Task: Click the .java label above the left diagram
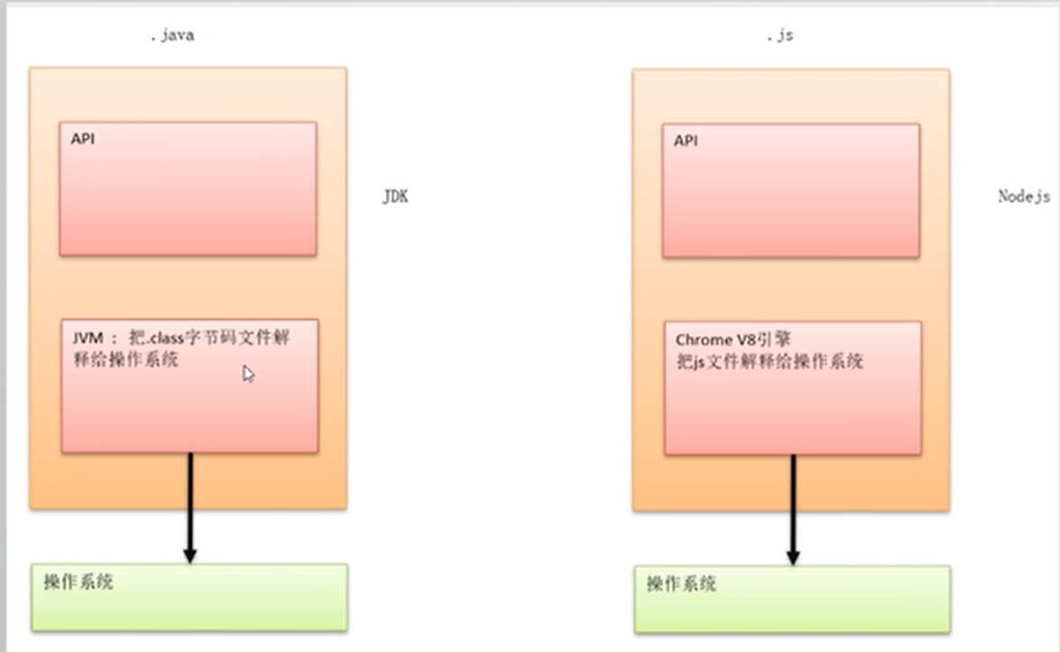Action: coord(171,36)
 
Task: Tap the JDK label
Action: coord(395,196)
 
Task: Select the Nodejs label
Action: coord(1024,196)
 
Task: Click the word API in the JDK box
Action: coord(82,140)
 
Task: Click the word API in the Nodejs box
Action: coord(685,140)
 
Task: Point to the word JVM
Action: coord(90,340)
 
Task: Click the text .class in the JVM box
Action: coord(163,340)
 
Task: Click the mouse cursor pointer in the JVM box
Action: coord(248,373)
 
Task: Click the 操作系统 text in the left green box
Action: coord(78,582)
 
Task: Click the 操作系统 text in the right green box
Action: coord(681,584)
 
